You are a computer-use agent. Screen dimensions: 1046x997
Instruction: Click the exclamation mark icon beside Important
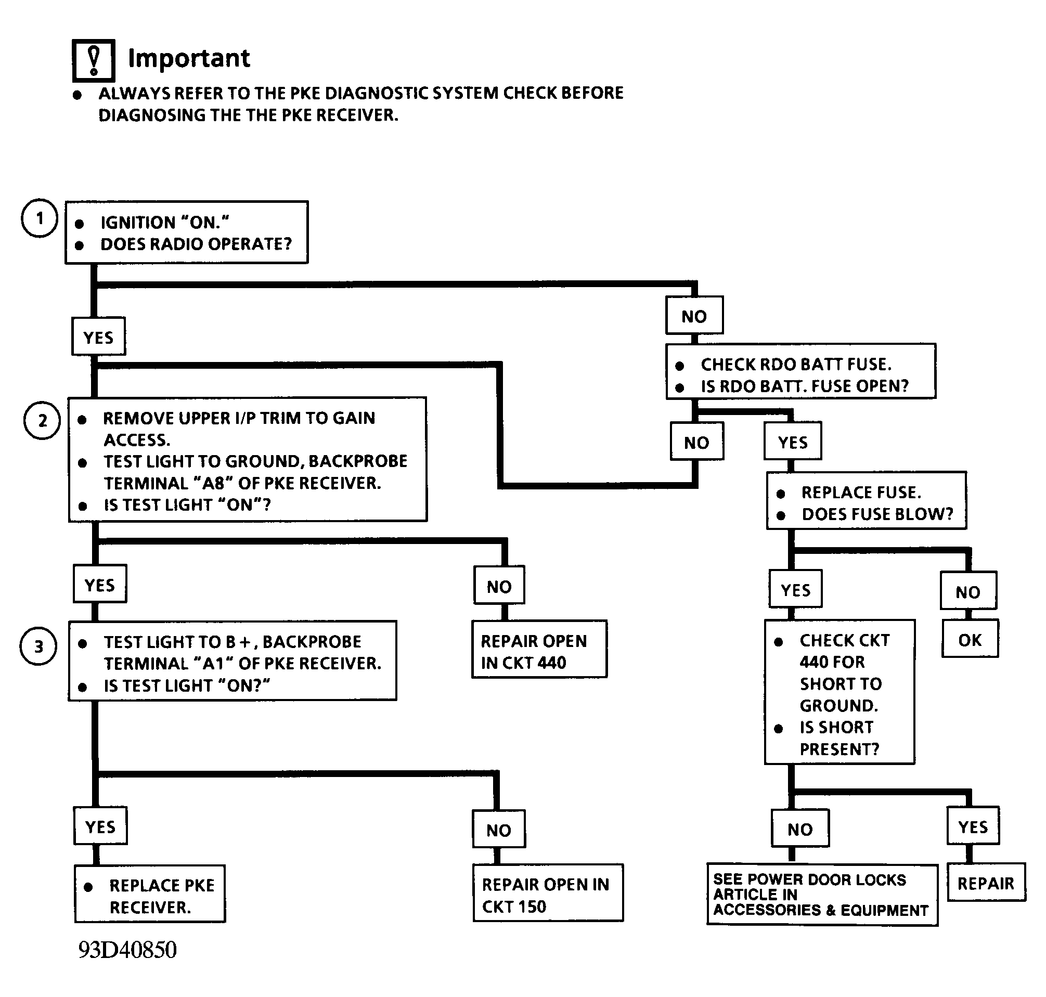94,60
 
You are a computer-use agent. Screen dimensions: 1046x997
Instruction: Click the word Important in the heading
189,58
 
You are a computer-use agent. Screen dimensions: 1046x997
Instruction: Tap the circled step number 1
40,218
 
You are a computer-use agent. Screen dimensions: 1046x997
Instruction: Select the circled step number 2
42,420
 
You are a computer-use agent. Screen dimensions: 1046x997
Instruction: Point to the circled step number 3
38,646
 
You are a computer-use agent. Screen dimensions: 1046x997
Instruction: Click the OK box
970,640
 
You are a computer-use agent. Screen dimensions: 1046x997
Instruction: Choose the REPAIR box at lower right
986,883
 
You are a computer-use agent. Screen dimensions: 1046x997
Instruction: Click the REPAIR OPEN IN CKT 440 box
539,649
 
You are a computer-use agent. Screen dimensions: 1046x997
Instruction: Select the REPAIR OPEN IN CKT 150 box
548,893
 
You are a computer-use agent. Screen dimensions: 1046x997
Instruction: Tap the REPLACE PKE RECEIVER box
150,894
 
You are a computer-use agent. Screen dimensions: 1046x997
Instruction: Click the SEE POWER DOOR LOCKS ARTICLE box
822,895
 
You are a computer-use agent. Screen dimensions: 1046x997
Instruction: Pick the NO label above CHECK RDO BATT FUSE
694,316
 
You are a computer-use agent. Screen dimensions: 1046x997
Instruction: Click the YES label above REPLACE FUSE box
793,441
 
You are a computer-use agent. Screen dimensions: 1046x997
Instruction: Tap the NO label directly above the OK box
968,591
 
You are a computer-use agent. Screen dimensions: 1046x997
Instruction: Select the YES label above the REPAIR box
973,826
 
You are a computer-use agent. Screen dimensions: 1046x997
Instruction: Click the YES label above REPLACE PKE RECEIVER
100,826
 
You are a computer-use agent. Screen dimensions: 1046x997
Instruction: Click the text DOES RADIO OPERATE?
196,244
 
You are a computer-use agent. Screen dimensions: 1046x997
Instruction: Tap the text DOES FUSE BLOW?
877,514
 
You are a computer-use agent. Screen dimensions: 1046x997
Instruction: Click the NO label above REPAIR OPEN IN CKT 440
499,586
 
